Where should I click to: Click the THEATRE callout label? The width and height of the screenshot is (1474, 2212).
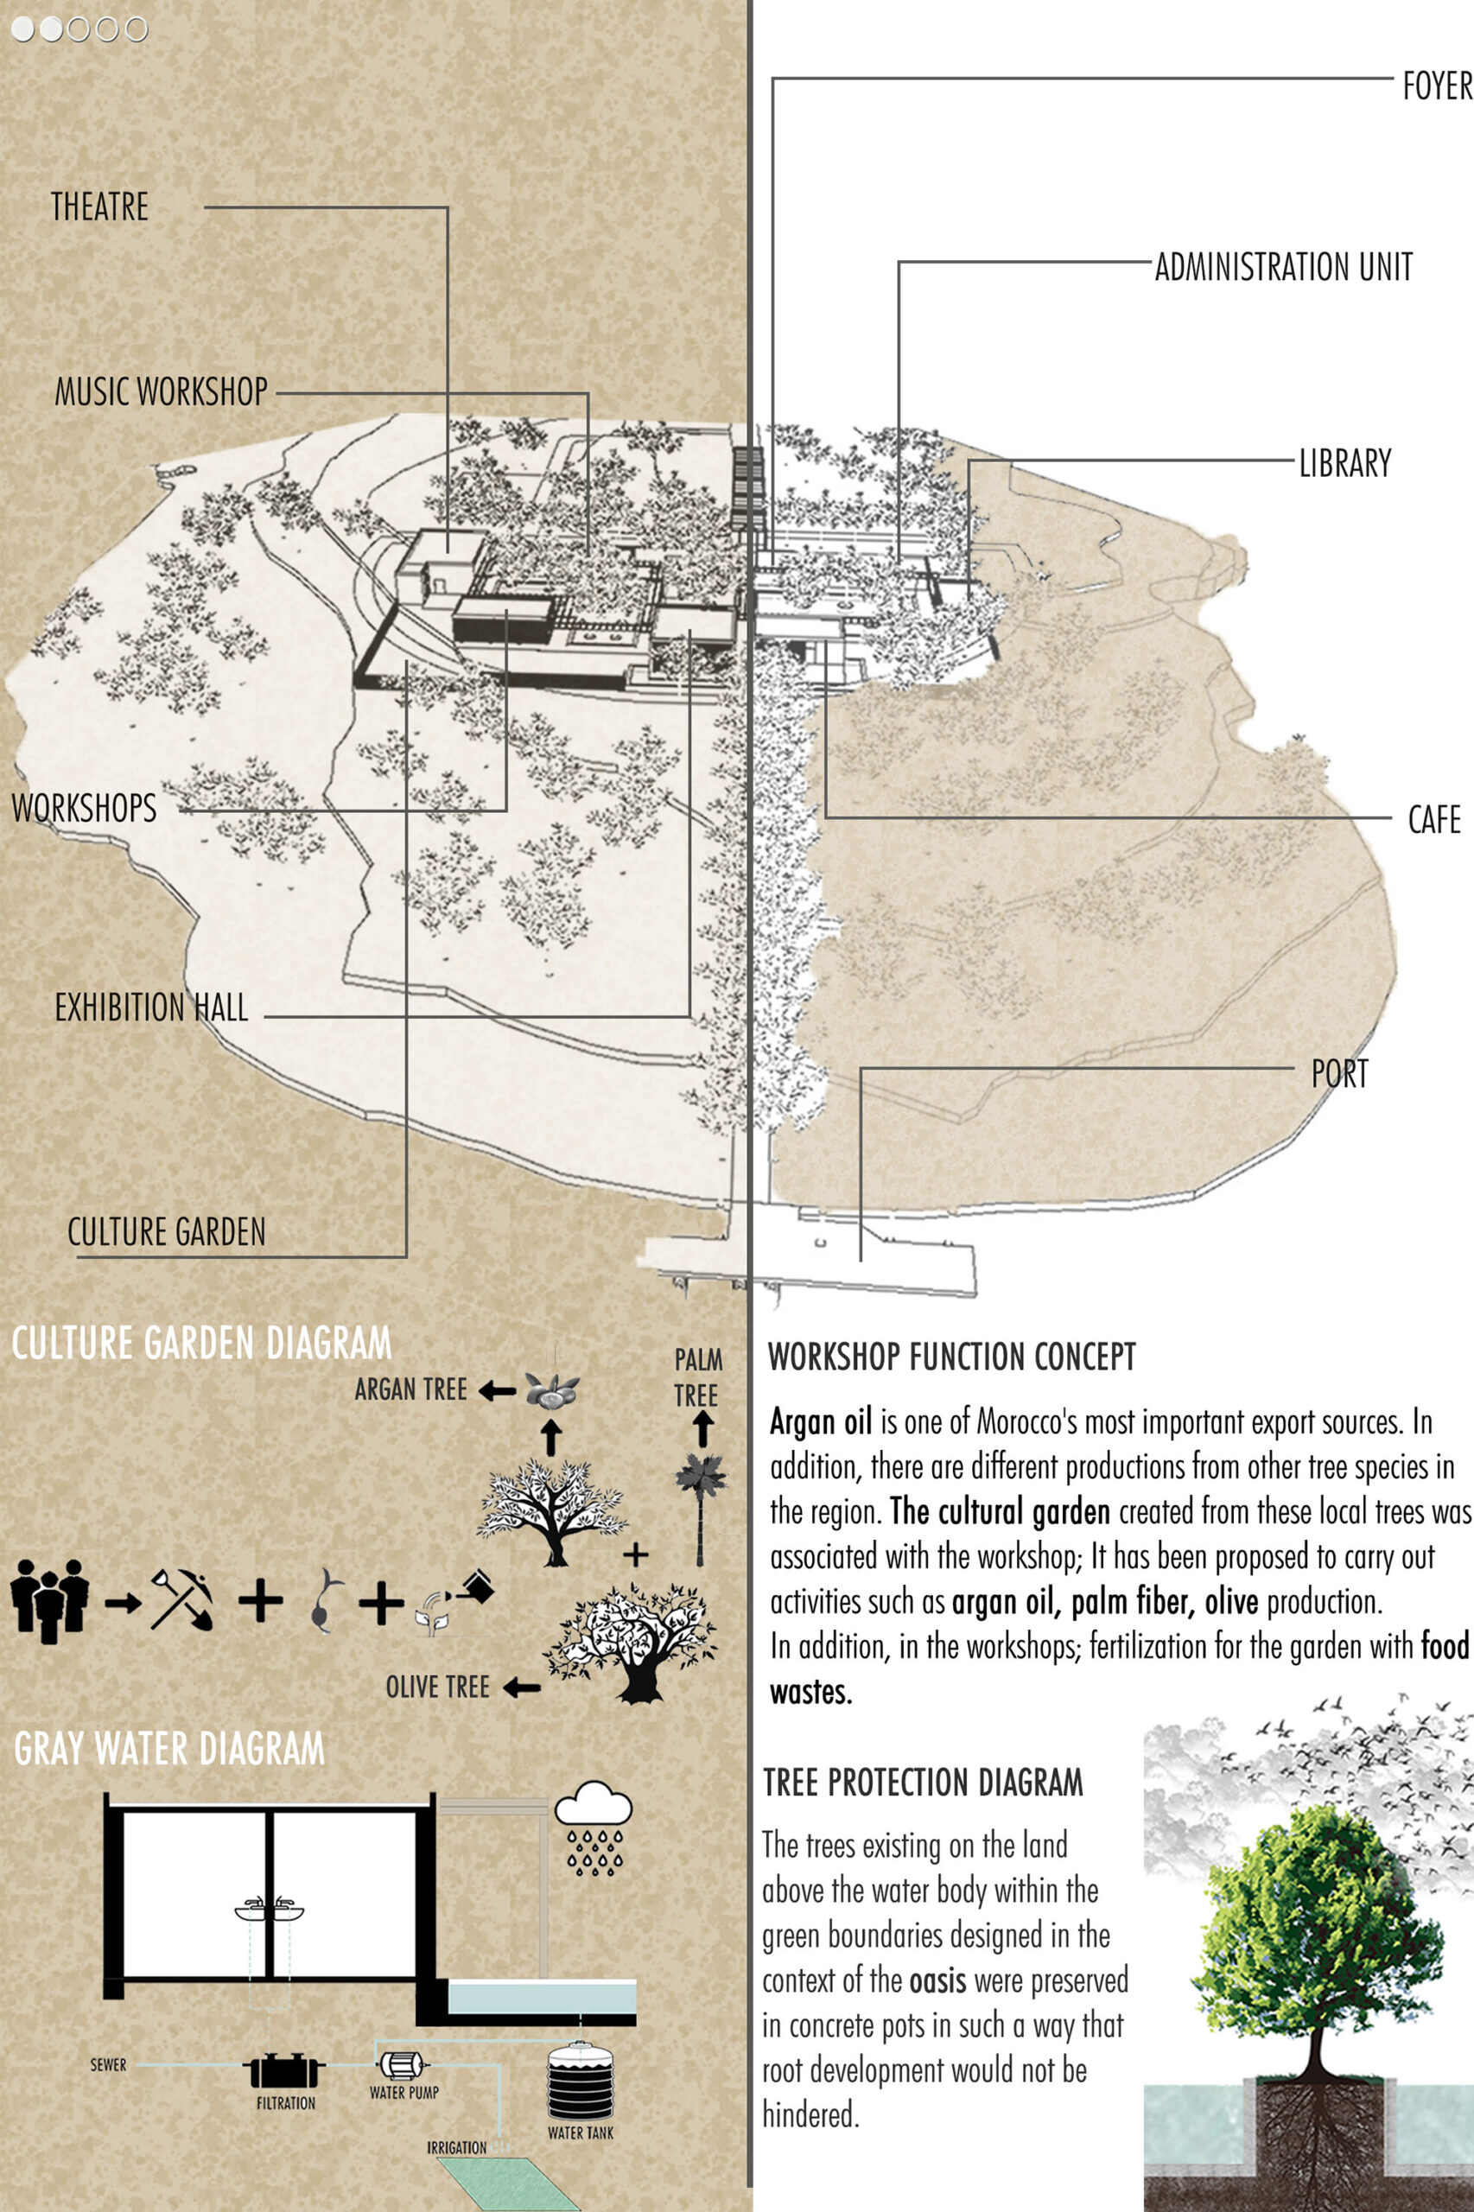99,207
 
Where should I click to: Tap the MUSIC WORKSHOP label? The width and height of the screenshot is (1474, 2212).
161,392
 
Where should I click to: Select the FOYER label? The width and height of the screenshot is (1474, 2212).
1436,86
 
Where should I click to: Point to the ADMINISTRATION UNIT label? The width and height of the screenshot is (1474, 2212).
1283,267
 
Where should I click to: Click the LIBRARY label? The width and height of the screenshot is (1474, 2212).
1344,463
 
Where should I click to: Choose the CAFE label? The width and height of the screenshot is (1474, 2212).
1433,820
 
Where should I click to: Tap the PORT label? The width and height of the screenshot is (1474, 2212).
1339,1073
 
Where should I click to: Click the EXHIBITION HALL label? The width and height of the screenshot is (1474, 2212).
151,1007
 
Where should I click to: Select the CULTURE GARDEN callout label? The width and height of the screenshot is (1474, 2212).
167,1232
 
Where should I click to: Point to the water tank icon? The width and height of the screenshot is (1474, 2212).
580,2080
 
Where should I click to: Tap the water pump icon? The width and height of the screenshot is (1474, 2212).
403,2064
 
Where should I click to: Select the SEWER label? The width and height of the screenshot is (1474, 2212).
108,2064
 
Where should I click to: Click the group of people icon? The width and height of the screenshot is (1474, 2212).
50,1600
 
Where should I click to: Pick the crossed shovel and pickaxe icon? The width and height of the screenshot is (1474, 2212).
181,1599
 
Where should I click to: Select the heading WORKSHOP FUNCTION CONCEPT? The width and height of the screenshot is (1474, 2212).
951,1357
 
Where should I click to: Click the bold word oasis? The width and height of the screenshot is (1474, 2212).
937,1980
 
